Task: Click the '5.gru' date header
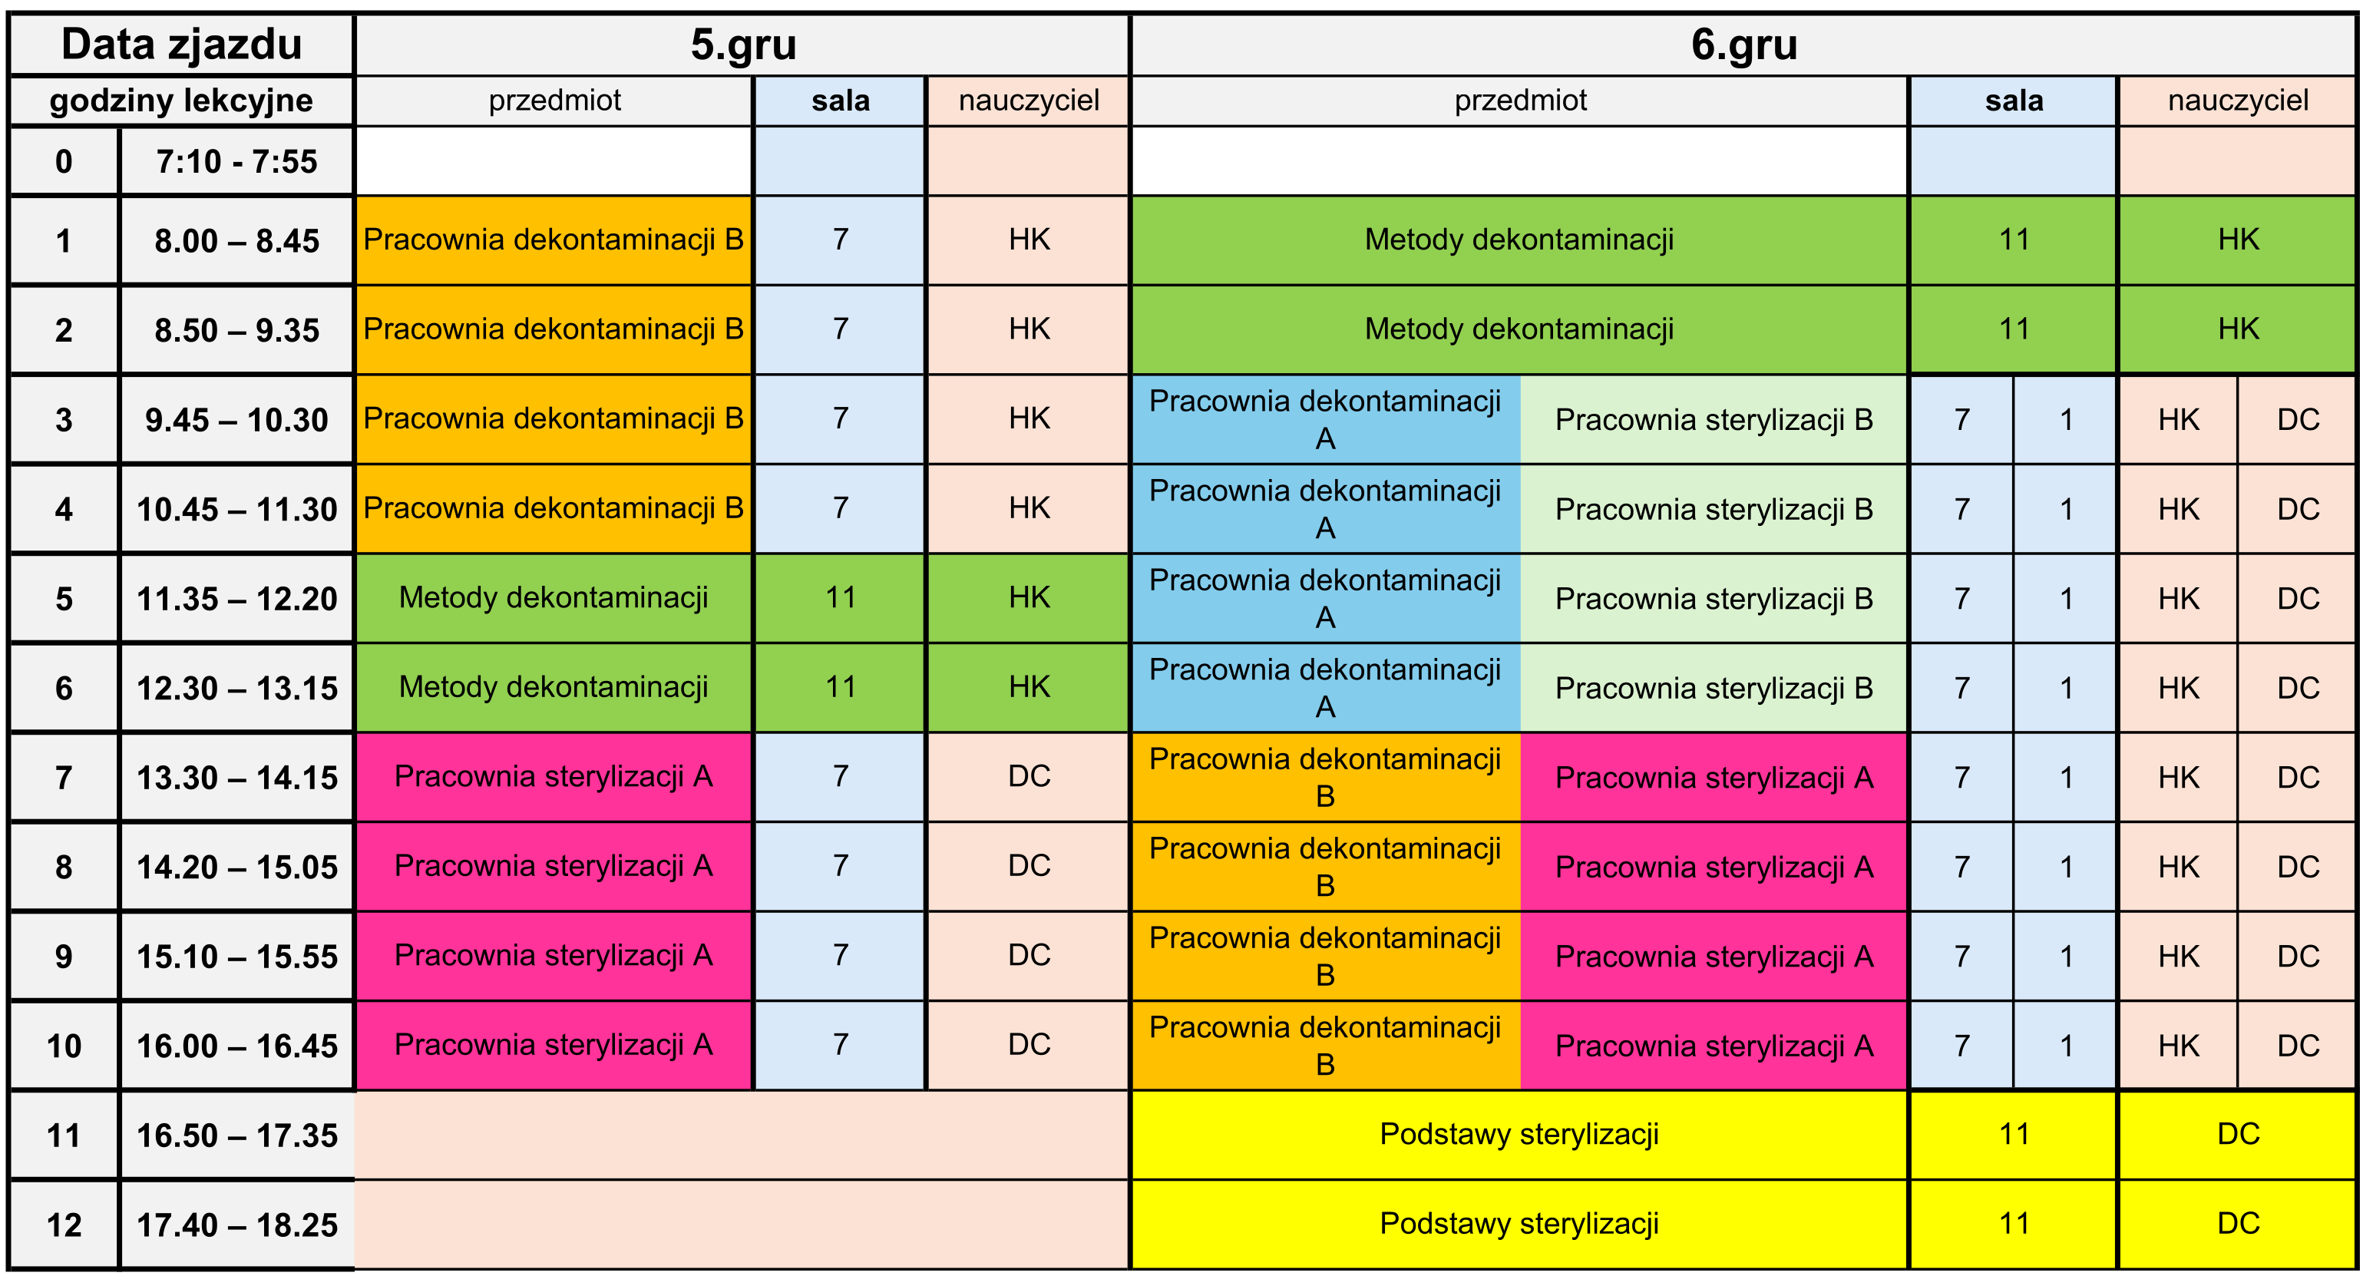pos(743,44)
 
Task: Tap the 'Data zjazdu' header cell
pos(182,44)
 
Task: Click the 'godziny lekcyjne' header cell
pos(182,100)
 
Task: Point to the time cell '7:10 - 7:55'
pos(236,161)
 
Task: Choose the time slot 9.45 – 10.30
pos(236,420)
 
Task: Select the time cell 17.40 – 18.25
pos(236,1225)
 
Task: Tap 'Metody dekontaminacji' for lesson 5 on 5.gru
pos(554,597)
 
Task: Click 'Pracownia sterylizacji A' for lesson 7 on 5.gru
pos(554,776)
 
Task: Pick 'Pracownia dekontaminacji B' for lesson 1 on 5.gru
pos(554,240)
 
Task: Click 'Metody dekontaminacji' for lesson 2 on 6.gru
pos(1519,329)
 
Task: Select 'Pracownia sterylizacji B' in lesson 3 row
pos(1714,419)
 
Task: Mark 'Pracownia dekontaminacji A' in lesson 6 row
pos(1324,688)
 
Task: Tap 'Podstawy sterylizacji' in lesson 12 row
pos(1519,1224)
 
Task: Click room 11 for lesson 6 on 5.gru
pos(841,687)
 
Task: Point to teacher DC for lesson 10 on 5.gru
pos(1029,1045)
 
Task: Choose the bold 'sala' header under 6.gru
pos(2014,100)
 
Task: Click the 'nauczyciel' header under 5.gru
pos(1029,100)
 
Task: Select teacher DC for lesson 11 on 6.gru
pos(2238,1134)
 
